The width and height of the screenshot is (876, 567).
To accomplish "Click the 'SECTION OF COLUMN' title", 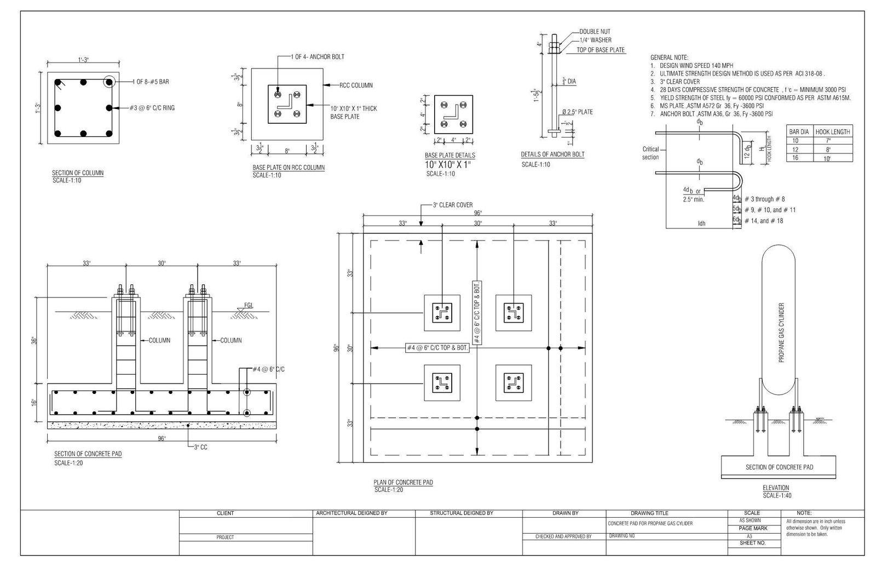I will click(x=78, y=173).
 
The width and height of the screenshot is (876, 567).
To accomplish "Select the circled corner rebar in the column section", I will click(x=109, y=82).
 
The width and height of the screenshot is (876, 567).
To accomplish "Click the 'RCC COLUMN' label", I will click(x=356, y=85).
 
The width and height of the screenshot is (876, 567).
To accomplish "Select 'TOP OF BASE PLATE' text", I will click(x=601, y=50).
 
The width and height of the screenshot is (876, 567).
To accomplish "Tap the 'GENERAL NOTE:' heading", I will click(x=669, y=58).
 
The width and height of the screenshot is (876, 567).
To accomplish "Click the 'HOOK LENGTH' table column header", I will click(x=833, y=132).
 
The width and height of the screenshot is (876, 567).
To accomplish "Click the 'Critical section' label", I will click(x=650, y=153).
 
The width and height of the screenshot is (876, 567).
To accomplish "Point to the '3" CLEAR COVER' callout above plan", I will click(x=452, y=205).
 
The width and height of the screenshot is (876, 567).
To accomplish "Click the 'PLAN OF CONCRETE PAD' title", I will click(x=403, y=483).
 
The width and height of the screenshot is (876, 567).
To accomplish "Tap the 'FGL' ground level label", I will click(x=249, y=306).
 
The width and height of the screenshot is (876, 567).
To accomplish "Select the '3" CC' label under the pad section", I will click(x=200, y=448).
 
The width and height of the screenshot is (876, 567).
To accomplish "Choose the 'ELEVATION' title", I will click(x=776, y=488).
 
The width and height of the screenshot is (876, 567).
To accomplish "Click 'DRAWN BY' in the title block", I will click(x=566, y=513).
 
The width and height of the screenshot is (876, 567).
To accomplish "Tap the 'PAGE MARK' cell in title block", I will click(x=753, y=528).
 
